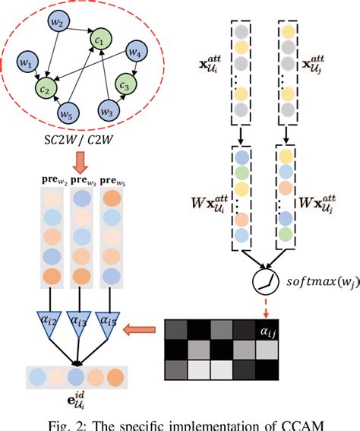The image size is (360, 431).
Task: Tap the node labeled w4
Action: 136,52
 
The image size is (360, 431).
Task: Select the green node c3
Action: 126,82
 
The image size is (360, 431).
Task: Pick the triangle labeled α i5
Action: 112,322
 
